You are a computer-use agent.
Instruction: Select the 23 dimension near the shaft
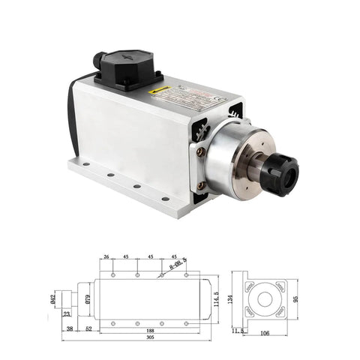coord(67,313)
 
